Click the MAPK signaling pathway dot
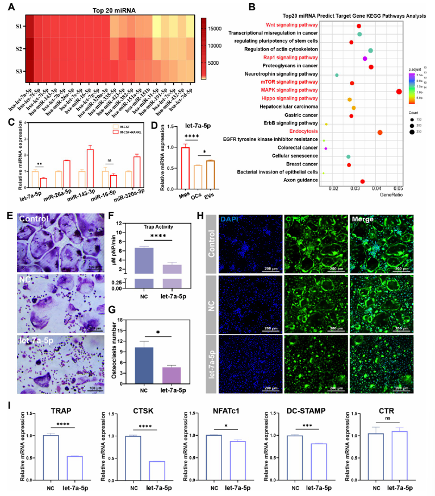click(x=399, y=91)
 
